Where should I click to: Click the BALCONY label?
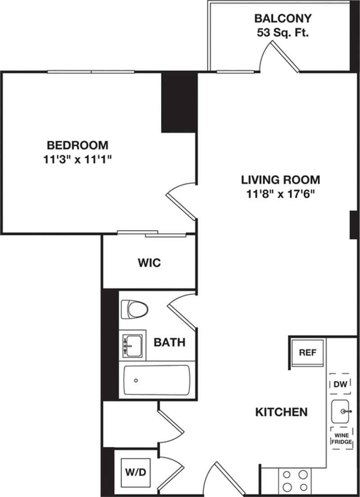tap(283, 19)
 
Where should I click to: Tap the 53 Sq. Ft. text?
tap(283, 32)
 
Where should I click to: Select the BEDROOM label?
tap(78, 145)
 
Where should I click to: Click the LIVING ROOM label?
tap(281, 180)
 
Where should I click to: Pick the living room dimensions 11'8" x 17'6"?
tap(281, 194)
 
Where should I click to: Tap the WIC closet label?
tap(149, 263)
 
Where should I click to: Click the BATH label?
tap(170, 342)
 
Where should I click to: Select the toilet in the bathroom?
tap(135, 309)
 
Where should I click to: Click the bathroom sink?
tap(132, 345)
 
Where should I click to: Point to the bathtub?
tap(157, 380)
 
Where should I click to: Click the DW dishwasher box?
tap(340, 384)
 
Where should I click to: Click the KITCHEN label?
tap(281, 412)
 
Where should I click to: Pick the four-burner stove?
tap(294, 480)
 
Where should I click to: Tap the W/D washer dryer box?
tap(132, 473)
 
